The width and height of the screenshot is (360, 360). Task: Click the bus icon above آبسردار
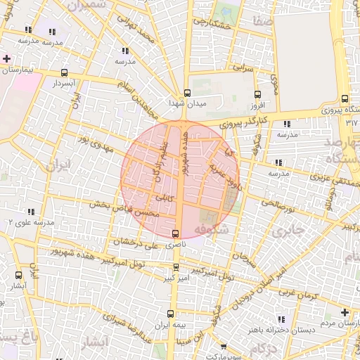(x=65, y=72)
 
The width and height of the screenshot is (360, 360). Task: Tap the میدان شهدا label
(x=186, y=103)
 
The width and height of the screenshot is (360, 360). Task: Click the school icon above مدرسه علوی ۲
(x=31, y=211)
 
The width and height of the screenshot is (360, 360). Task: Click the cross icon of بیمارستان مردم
(x=344, y=312)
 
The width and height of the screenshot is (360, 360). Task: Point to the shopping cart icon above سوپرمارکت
(x=224, y=346)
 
